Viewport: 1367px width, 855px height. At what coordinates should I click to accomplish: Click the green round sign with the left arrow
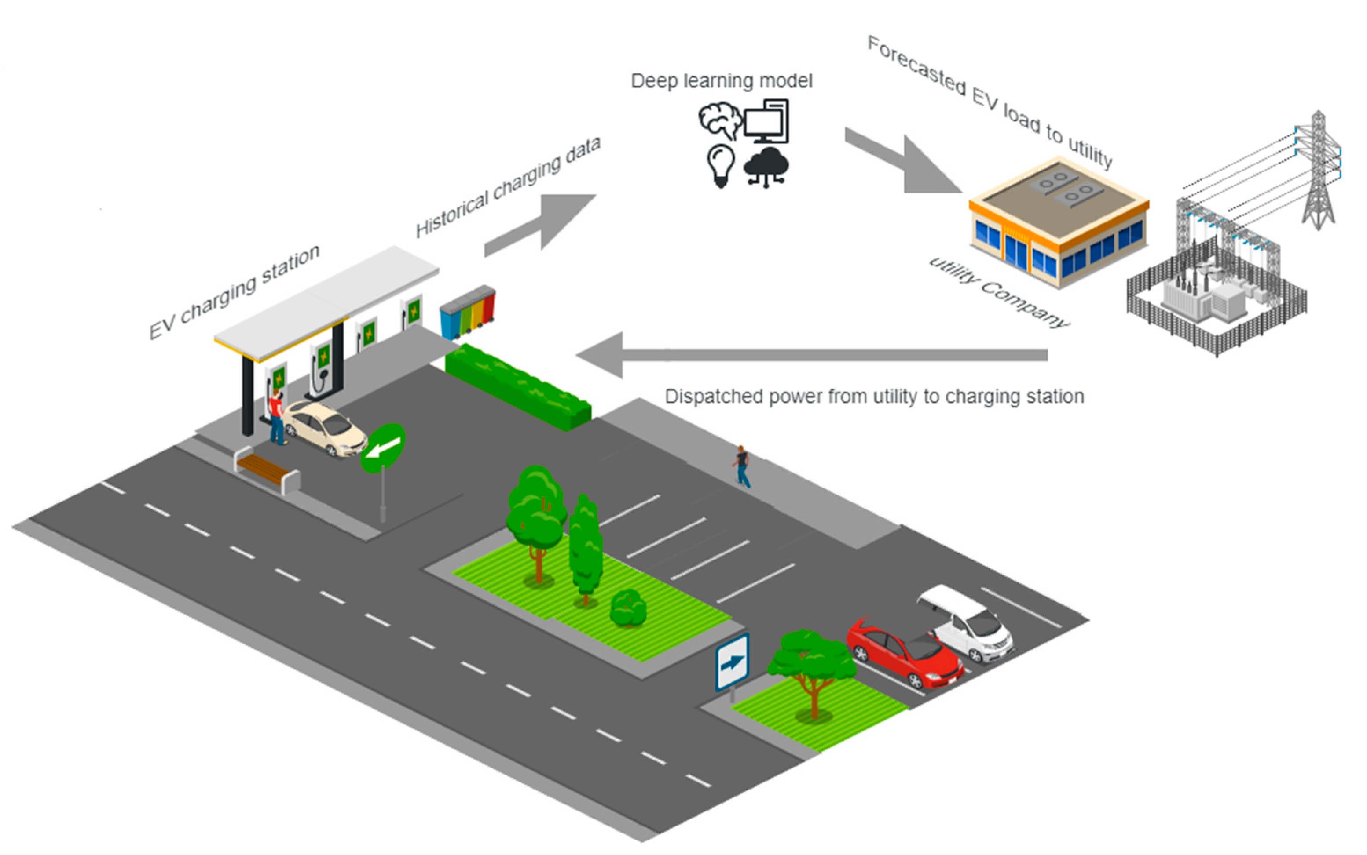(x=383, y=448)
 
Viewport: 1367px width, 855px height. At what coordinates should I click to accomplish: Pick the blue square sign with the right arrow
(x=732, y=662)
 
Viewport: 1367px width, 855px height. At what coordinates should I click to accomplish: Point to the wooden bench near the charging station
(x=266, y=470)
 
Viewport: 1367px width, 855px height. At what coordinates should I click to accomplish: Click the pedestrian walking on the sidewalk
(x=742, y=466)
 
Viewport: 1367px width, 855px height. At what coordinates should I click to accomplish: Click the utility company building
(x=1058, y=226)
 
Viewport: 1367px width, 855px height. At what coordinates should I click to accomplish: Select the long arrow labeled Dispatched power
(x=809, y=355)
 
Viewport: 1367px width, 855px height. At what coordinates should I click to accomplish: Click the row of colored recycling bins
(x=467, y=312)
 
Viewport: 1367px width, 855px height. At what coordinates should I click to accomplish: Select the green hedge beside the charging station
(x=518, y=387)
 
